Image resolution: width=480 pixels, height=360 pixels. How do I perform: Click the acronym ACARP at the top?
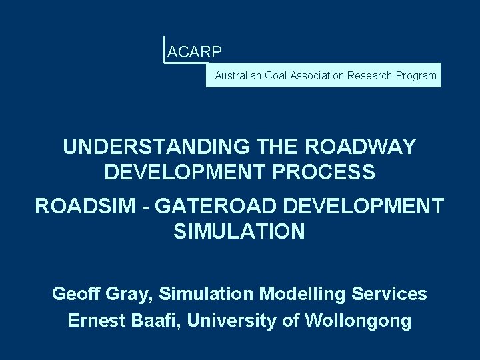[195, 51]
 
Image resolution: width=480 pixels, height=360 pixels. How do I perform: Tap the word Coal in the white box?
[275, 76]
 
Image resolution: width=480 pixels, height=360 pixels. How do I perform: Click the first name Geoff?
[75, 293]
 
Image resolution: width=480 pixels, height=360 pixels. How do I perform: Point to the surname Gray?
[127, 293]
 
